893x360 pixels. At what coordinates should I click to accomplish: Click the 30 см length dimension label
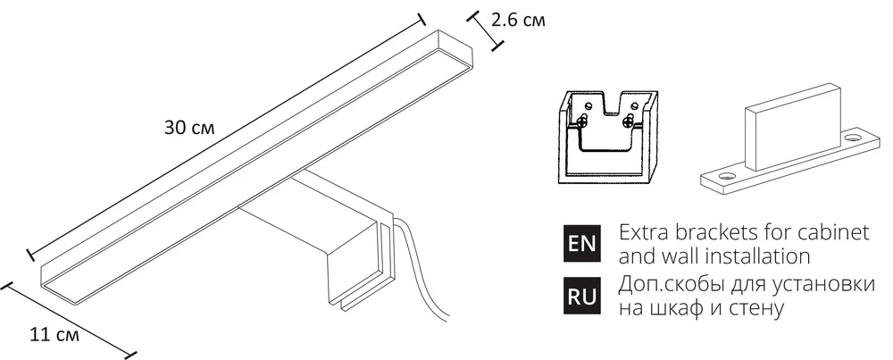pyautogui.click(x=188, y=128)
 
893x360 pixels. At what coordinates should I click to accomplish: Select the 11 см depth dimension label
pyautogui.click(x=54, y=336)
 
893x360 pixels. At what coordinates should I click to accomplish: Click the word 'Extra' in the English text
pyautogui.click(x=640, y=232)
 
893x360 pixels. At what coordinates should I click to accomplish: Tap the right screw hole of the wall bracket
pyautogui.click(x=855, y=138)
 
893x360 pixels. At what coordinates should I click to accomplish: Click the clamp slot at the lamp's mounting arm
pyautogui.click(x=386, y=255)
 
